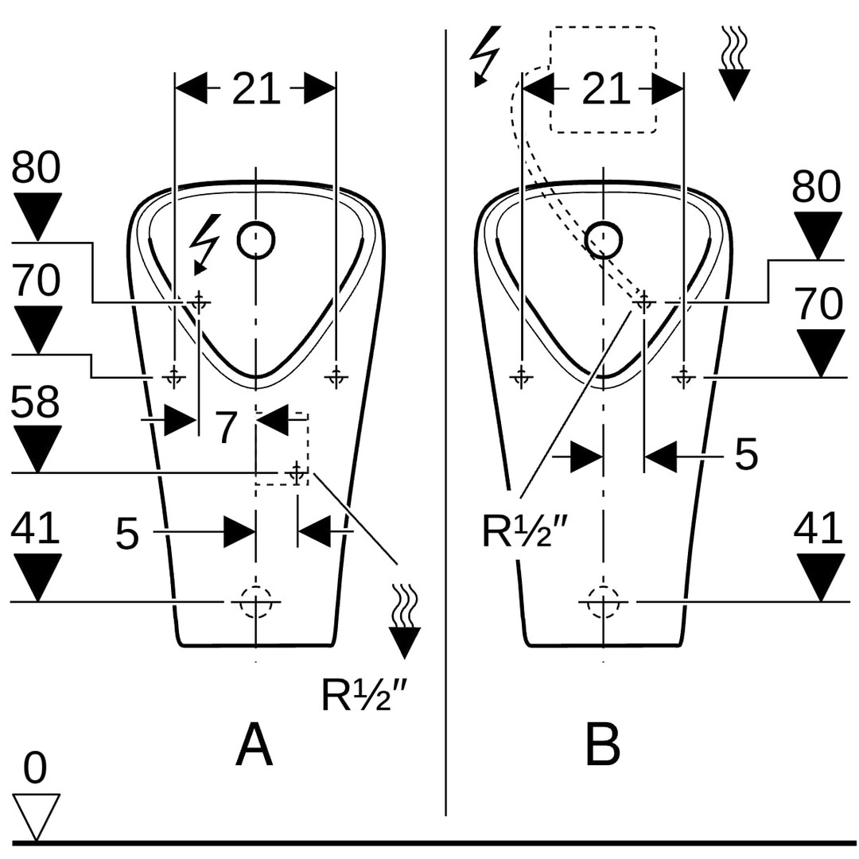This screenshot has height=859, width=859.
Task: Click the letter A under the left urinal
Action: click(254, 746)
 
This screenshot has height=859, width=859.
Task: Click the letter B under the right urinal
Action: click(602, 746)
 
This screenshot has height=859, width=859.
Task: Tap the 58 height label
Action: click(36, 403)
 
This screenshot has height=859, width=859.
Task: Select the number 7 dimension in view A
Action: click(227, 427)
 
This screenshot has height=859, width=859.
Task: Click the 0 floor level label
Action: click(35, 768)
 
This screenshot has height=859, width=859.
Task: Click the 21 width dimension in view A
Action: click(256, 89)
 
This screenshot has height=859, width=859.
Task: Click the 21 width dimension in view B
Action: click(605, 89)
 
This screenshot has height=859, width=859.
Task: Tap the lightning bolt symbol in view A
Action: click(205, 243)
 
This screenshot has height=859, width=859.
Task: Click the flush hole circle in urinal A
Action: click(256, 238)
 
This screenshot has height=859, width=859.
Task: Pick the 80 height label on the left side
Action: click(36, 169)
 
